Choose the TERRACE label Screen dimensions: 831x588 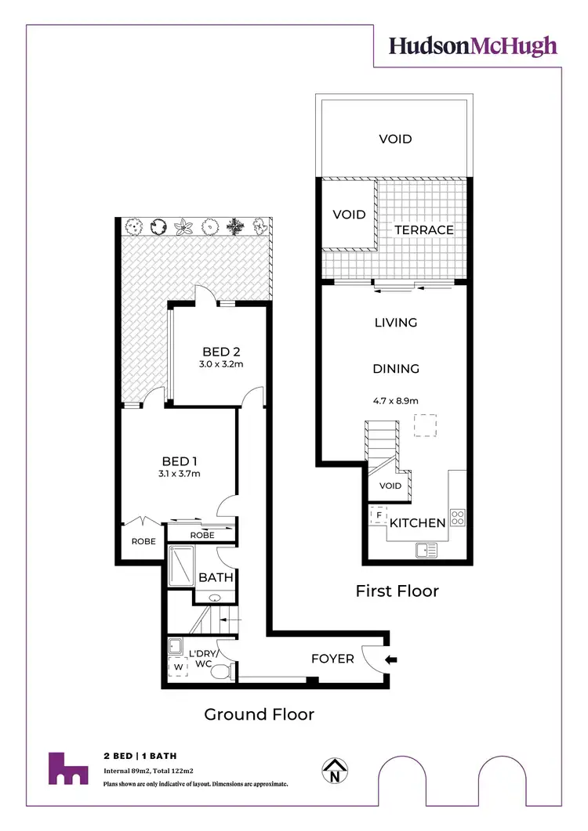(x=423, y=229)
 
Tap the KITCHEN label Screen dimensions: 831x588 (x=418, y=522)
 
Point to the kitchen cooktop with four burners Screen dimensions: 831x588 (x=458, y=517)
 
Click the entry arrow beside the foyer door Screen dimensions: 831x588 (x=393, y=659)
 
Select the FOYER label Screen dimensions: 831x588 (x=332, y=659)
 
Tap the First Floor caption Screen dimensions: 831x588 (x=397, y=591)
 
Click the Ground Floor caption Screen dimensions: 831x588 (x=259, y=714)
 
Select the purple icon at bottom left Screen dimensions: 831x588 (x=68, y=768)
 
